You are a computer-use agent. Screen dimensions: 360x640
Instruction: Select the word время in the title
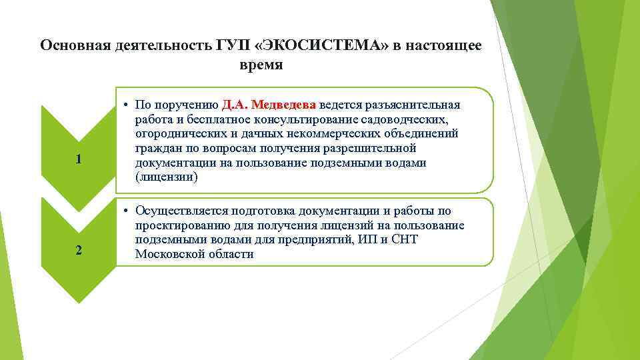pyautogui.click(x=261, y=65)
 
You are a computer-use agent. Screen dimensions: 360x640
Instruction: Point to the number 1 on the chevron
pyautogui.click(x=79, y=159)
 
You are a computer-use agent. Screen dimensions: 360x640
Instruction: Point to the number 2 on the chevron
pyautogui.click(x=79, y=251)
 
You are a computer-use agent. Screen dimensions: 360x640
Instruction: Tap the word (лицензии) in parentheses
pyautogui.click(x=166, y=178)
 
